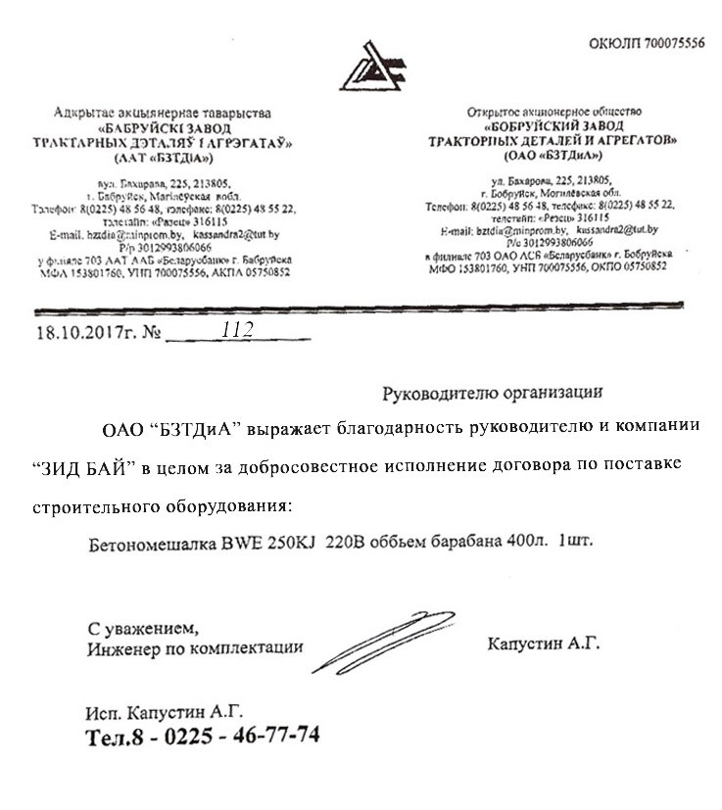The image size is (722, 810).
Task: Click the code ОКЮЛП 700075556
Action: pos(647,44)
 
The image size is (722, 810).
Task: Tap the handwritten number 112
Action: pos(237,330)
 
